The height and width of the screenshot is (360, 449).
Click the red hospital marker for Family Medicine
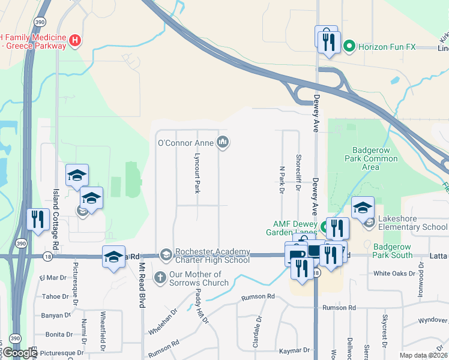point(75,40)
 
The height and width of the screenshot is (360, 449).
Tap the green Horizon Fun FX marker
point(348,46)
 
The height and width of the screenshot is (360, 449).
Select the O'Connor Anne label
point(185,143)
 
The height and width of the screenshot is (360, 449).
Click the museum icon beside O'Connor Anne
point(223,142)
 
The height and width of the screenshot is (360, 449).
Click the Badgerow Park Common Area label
point(372,158)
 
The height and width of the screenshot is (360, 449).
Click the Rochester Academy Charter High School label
point(212,256)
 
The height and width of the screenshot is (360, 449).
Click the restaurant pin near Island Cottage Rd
point(38,219)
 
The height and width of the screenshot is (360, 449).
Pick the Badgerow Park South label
point(393,251)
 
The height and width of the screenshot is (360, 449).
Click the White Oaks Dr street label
point(394,273)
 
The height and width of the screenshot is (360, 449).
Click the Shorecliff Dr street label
point(298,174)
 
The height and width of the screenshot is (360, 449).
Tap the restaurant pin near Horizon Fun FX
point(327,40)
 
